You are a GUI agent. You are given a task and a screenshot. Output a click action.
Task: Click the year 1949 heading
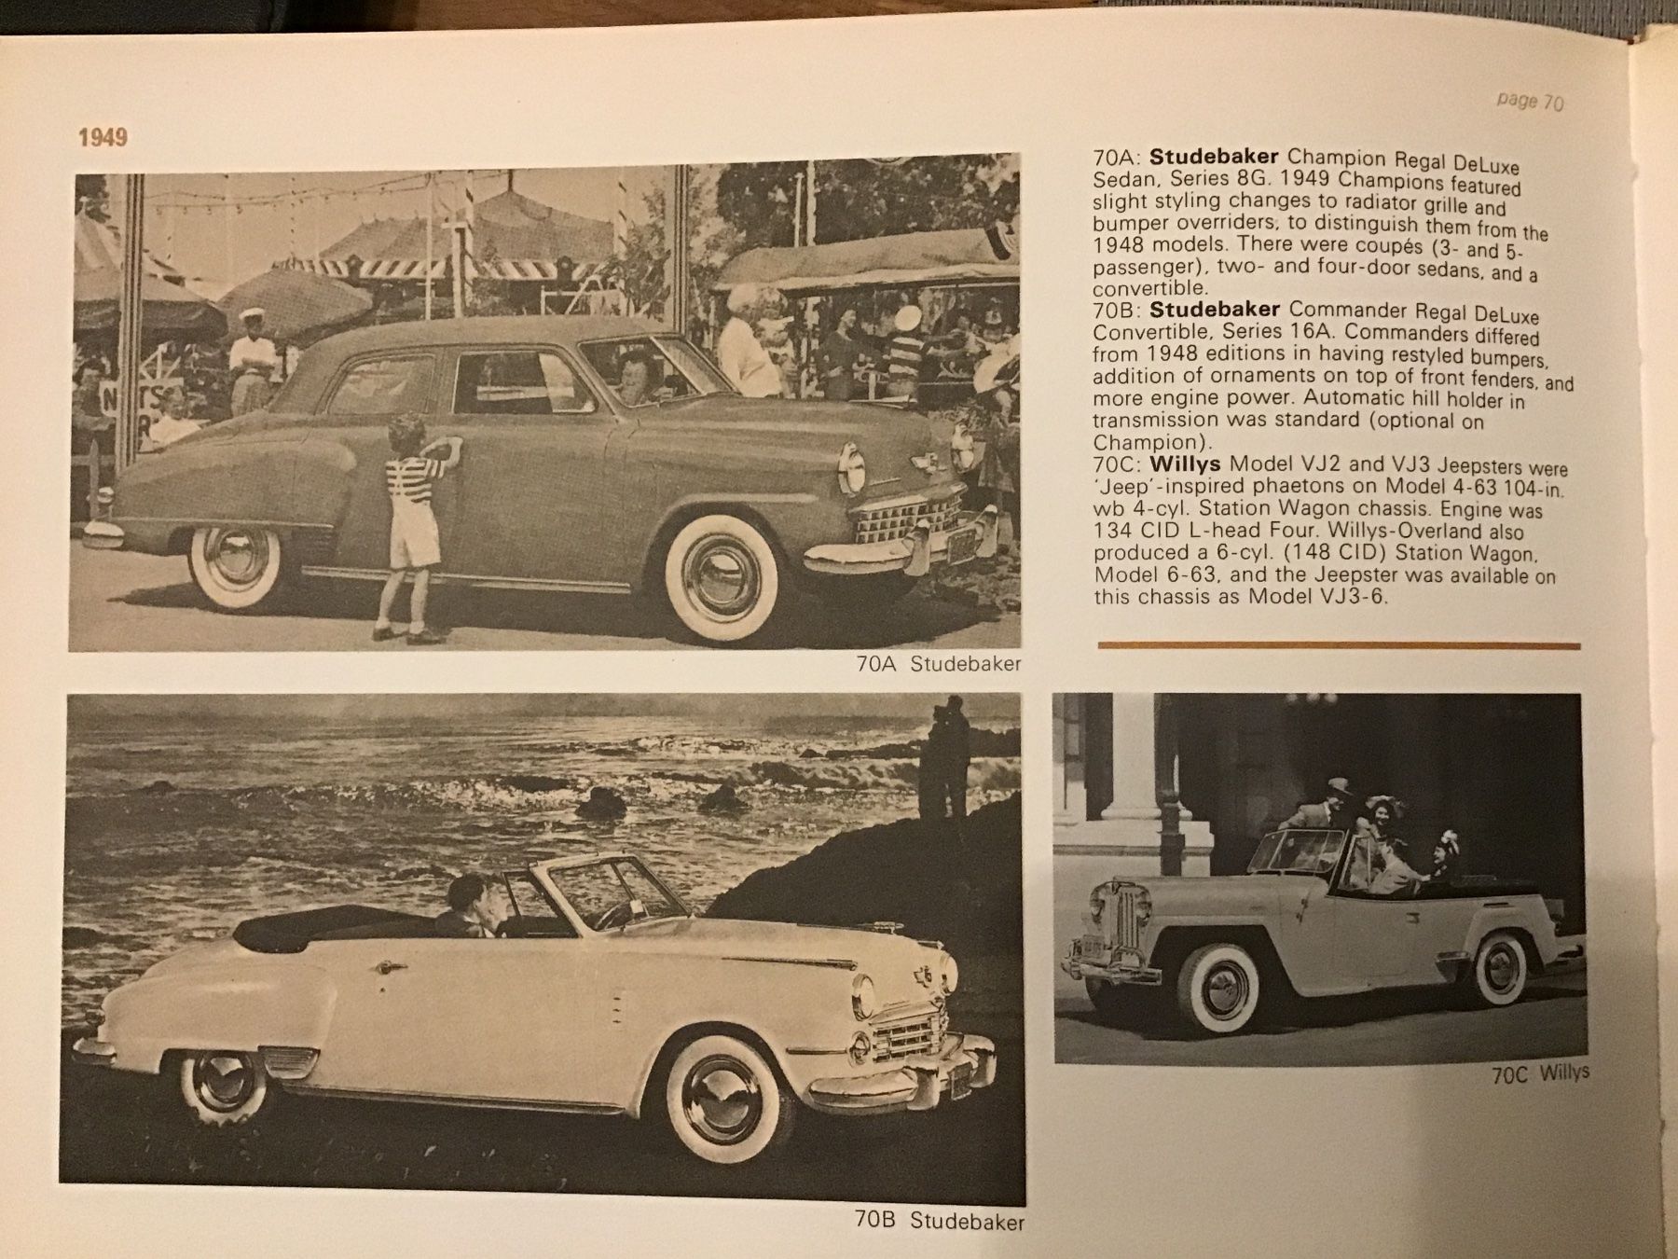(x=103, y=137)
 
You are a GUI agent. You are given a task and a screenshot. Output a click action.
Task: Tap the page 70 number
(x=1529, y=101)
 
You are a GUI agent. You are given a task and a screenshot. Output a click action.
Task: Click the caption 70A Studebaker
(x=938, y=664)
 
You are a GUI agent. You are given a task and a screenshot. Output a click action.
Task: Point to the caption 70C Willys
(x=1540, y=1073)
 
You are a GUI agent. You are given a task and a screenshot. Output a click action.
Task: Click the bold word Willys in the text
(x=1186, y=463)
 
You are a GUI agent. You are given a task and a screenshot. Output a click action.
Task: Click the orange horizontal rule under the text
(x=1339, y=644)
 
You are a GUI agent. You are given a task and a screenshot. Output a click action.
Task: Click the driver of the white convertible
(x=468, y=905)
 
